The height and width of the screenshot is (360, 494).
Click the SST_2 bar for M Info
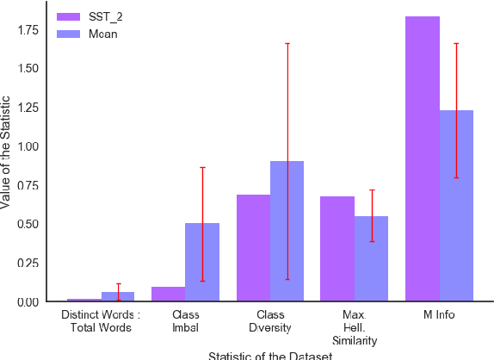422,159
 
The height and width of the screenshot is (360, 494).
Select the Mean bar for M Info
456,206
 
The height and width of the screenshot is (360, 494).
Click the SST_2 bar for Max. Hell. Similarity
337,249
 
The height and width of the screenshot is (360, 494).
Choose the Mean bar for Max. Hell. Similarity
371,258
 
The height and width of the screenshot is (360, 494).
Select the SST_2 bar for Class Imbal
169,294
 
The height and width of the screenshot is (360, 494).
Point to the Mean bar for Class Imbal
202,262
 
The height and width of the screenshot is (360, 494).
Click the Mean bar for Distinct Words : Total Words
118,296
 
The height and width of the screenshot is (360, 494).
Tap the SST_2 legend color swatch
67,16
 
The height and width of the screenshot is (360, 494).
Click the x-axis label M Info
439,315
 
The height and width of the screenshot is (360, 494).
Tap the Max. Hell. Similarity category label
355,328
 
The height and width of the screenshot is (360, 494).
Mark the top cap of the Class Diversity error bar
287,43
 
